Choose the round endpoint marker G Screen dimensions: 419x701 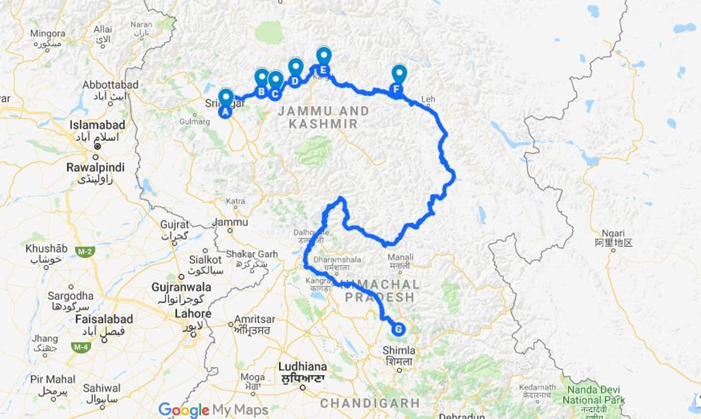coord(397,329)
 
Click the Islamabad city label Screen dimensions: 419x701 coord(97,125)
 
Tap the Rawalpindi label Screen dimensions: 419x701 coord(96,168)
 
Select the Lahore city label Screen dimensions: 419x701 coord(193,313)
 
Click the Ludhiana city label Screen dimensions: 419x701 coord(302,366)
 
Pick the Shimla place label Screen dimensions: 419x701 coord(399,351)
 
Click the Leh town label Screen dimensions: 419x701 coord(428,99)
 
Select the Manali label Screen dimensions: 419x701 coord(400,257)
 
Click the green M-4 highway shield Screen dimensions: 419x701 coord(81,346)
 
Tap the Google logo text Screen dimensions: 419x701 coord(184,410)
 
